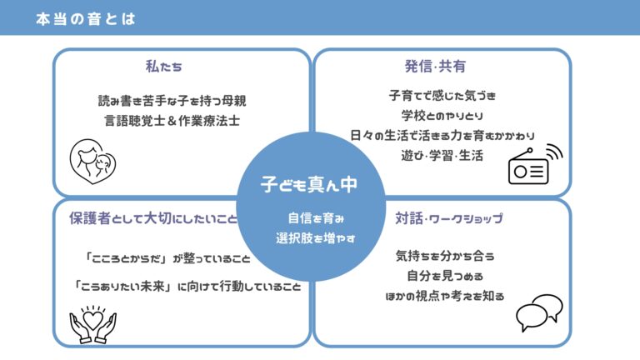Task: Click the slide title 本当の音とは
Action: click(86, 19)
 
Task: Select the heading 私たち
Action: click(163, 66)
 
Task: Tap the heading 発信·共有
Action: click(435, 66)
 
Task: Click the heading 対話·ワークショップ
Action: click(449, 218)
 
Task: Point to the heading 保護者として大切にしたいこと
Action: click(153, 218)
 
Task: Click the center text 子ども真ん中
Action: click(309, 184)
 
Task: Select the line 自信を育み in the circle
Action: click(316, 218)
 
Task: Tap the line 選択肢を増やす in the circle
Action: click(316, 238)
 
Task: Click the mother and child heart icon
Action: click(92, 162)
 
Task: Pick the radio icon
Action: click(535, 164)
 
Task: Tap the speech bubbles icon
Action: click(539, 312)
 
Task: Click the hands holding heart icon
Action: click(93, 324)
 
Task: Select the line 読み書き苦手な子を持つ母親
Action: click(172, 101)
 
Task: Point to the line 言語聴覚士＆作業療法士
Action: click(172, 121)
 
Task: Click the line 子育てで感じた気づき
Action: click(442, 96)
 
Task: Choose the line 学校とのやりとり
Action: click(442, 116)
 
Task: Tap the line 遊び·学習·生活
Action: click(442, 156)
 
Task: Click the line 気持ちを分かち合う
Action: click(445, 256)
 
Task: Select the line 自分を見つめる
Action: click(445, 276)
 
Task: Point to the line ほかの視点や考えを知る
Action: click(445, 296)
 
